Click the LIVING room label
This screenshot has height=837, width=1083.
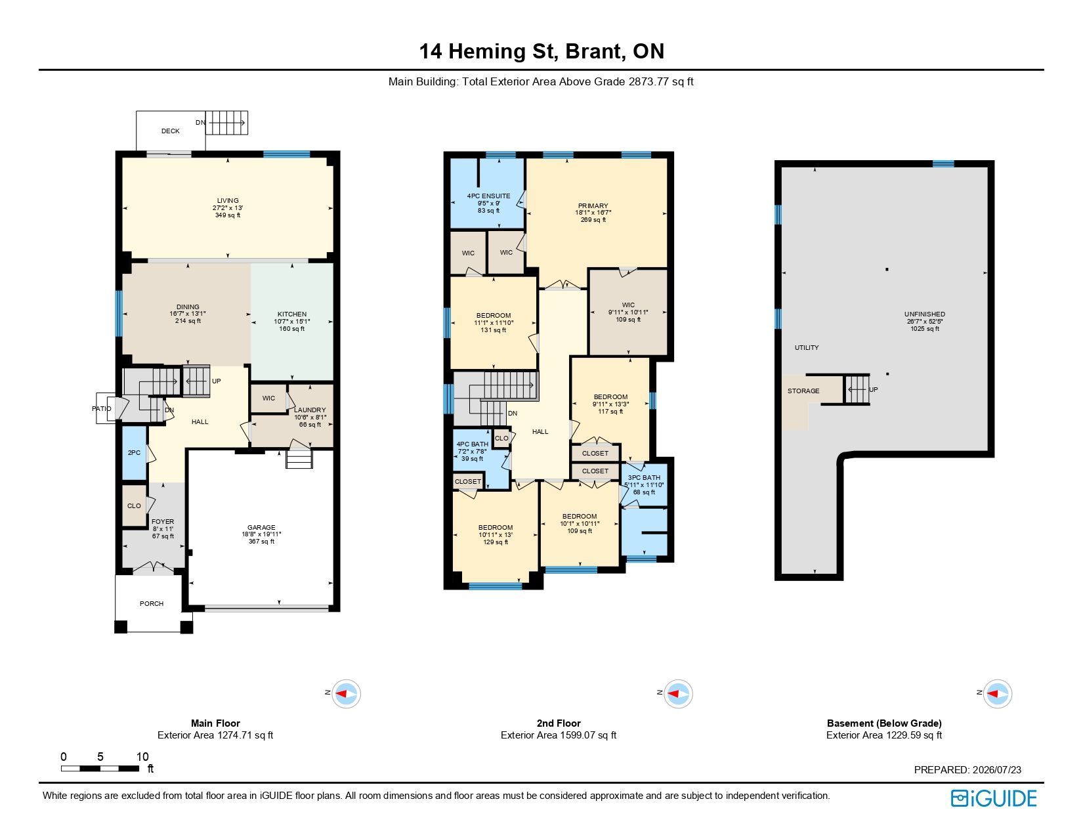[228, 200]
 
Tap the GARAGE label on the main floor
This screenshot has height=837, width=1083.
[261, 527]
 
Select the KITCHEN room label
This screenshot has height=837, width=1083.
[292, 314]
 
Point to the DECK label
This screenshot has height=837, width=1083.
[171, 131]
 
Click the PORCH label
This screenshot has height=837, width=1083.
[152, 603]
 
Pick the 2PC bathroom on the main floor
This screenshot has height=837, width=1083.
[134, 453]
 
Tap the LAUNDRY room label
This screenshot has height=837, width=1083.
[310, 410]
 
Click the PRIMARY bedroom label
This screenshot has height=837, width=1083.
[593, 205]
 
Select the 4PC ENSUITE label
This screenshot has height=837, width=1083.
[488, 196]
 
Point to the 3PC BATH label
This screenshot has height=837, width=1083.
[644, 477]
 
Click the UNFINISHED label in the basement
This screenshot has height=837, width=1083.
[925, 314]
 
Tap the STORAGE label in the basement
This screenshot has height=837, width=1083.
[803, 391]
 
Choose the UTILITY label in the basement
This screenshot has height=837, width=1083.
[807, 347]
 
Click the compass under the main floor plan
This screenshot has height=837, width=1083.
[346, 693]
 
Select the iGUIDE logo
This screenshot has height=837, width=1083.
[993, 798]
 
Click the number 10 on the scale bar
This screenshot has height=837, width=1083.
[142, 757]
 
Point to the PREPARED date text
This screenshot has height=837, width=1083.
[967, 769]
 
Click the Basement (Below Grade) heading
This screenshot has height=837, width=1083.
[884, 723]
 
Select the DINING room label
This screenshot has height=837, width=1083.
[188, 307]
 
